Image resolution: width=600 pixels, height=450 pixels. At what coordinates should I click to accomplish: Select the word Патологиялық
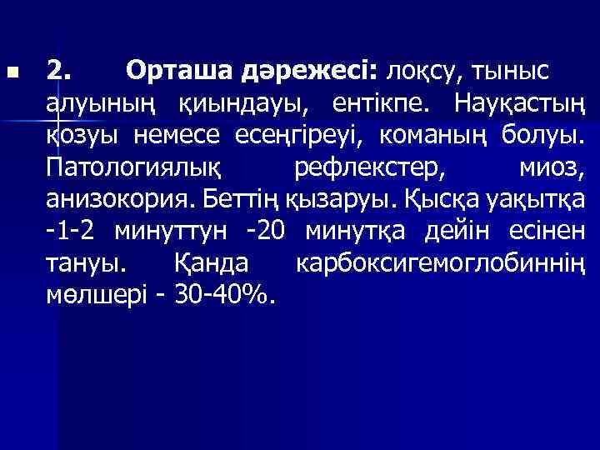133,167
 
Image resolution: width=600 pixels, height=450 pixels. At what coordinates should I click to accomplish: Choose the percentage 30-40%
224,293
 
